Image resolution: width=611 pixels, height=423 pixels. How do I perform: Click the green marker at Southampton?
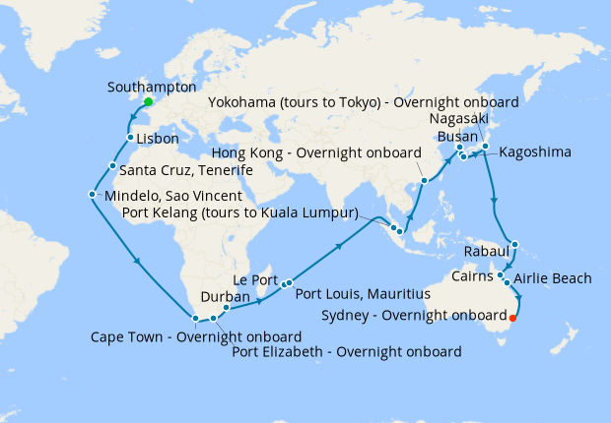(x=148, y=101)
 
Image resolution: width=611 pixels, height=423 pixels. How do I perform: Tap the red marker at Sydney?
(x=512, y=317)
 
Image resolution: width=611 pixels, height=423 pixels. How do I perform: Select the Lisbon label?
(x=158, y=139)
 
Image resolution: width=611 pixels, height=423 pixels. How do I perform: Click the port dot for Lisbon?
(x=130, y=138)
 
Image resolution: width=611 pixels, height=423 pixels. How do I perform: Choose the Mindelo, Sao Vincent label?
(x=181, y=195)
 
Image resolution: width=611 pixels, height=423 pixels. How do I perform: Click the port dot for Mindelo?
(x=92, y=194)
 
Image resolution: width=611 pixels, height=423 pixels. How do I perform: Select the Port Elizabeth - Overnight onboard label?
(x=347, y=352)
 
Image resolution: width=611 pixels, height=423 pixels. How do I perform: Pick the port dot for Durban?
(x=227, y=308)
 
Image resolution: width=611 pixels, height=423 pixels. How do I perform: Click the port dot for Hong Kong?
(x=424, y=181)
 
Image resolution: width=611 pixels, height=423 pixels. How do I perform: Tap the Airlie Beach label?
(x=552, y=279)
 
